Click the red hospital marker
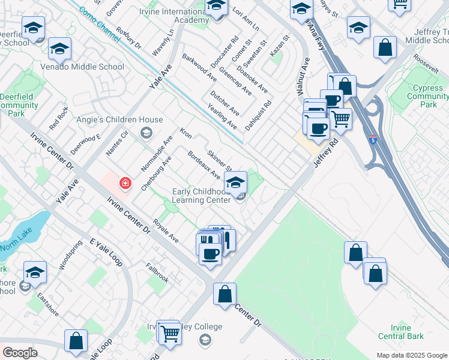coord(125,182)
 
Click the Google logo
coord(20,353)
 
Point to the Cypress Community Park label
coord(429,96)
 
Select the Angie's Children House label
coord(119,119)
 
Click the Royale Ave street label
coord(166,230)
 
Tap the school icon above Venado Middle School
coord(59,49)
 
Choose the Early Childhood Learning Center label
coord(202,196)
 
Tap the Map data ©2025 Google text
coord(412,355)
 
